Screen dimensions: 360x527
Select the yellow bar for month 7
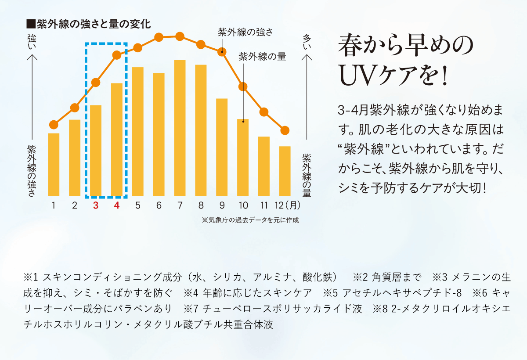pos(180,128)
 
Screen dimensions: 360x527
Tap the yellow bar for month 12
pos(285,171)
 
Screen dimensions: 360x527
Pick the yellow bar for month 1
pos(54,164)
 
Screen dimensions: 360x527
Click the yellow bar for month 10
pos(243,157)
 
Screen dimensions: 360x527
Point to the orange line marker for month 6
pos(159,37)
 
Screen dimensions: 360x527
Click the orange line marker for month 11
pos(264,112)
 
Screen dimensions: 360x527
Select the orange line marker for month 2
pos(75,108)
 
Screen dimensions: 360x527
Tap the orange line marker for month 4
pos(117,55)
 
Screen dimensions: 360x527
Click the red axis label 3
pos(95,205)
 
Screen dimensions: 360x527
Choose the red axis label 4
pos(116,205)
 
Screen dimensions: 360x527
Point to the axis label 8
pos(201,205)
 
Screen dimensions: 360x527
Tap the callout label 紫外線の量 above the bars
pos(262,56)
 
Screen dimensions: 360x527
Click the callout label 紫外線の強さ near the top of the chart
pos(245,32)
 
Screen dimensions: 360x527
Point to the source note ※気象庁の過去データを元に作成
pos(250,220)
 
